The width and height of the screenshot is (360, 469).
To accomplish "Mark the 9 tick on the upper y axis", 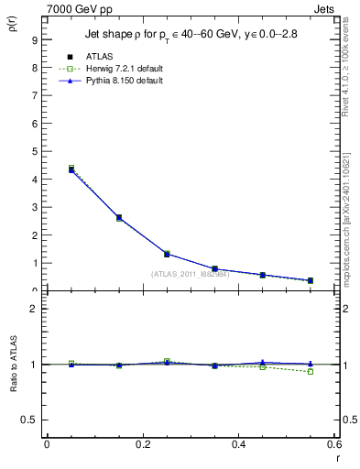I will [x=34, y=40].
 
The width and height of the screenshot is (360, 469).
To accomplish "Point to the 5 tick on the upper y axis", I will [x=34, y=152].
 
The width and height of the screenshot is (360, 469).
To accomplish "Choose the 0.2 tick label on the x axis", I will [x=142, y=444].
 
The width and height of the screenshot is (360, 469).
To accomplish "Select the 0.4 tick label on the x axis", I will [x=238, y=444].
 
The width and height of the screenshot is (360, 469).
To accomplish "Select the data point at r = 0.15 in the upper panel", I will [x=119, y=218].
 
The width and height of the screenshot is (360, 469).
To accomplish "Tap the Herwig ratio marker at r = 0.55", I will [x=311, y=371].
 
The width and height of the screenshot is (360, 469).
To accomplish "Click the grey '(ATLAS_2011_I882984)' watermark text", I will [x=190, y=273].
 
